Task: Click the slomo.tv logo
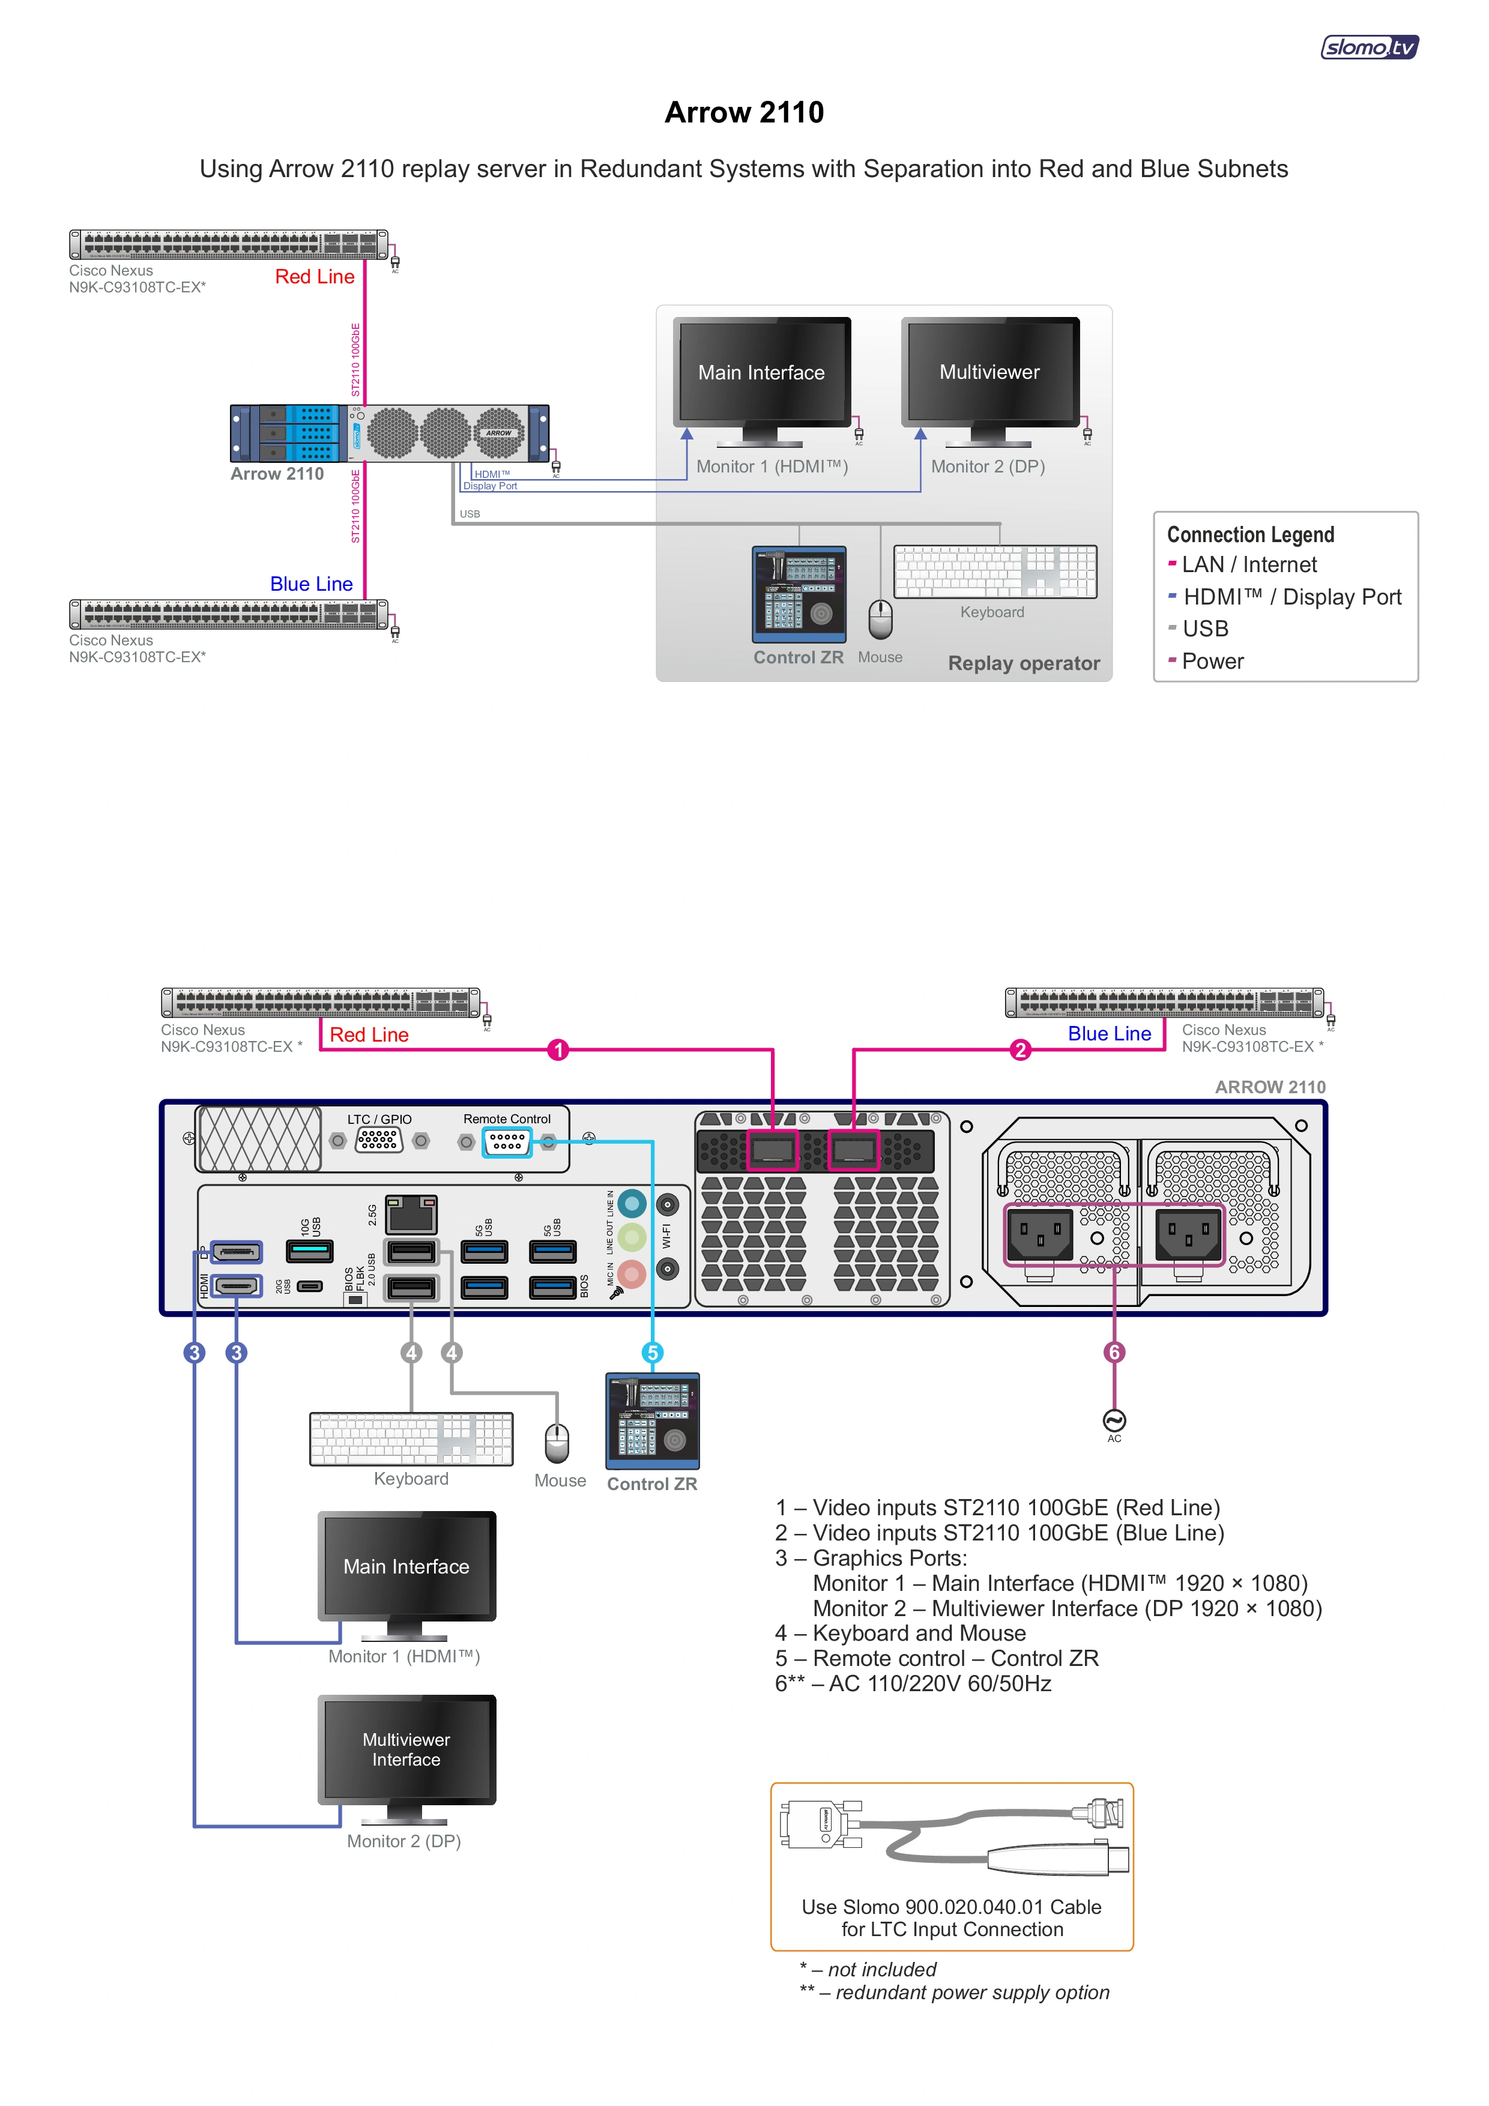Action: (1369, 47)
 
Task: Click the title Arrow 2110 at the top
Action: (744, 112)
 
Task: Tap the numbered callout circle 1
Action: (558, 1049)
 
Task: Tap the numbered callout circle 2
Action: (1020, 1049)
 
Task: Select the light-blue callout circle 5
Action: (652, 1352)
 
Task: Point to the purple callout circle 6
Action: (1114, 1352)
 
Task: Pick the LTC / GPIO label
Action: (379, 1119)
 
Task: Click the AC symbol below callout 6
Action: (1114, 1421)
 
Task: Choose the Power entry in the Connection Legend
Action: (1212, 662)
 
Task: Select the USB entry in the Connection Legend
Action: (1204, 629)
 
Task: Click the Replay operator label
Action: (1023, 663)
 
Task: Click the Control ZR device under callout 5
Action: (652, 1421)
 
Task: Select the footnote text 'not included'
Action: (881, 1969)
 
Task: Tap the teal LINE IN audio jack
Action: (631, 1202)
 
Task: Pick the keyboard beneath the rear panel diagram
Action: (411, 1438)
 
